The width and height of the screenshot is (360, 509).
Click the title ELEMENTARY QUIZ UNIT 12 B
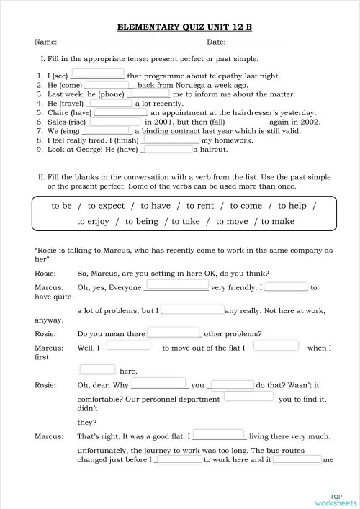tap(179, 27)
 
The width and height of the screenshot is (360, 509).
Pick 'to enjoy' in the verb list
tap(93, 221)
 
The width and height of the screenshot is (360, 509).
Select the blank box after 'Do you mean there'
tap(174, 333)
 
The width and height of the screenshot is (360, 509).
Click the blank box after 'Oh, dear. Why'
tap(160, 384)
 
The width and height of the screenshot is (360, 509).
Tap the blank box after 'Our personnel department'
tap(248, 397)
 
